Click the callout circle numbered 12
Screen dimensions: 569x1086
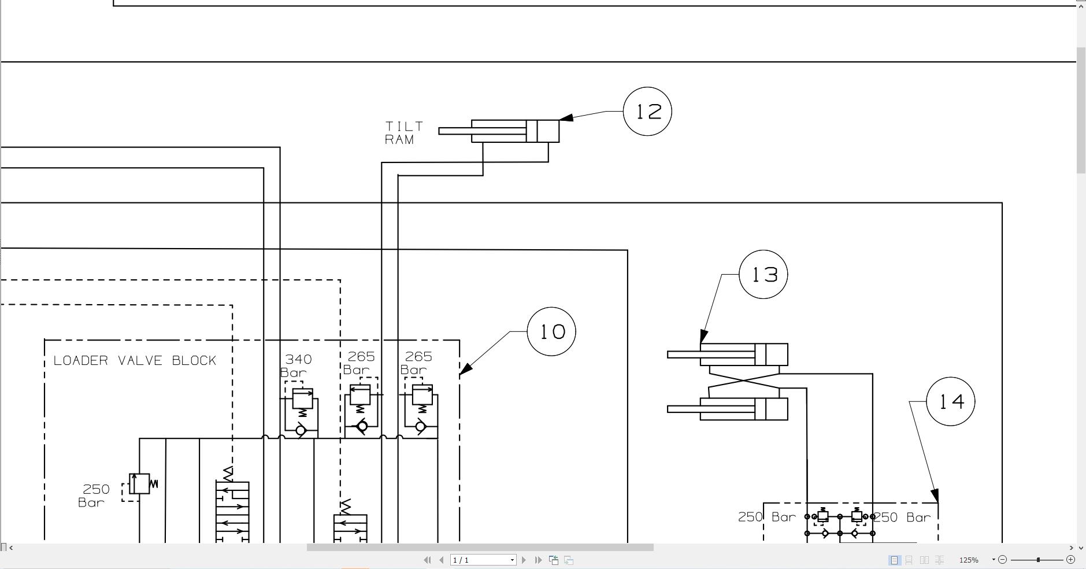(x=647, y=112)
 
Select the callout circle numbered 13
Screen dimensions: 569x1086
(x=763, y=275)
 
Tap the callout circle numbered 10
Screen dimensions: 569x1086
(x=551, y=331)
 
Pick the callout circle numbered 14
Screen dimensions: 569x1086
(x=950, y=401)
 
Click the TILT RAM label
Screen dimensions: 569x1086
(x=403, y=133)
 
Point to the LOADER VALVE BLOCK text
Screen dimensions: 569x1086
(x=135, y=361)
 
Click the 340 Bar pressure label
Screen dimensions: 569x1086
(x=296, y=366)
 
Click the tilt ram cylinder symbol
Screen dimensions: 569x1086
(x=514, y=131)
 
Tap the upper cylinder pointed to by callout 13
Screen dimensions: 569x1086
(x=743, y=354)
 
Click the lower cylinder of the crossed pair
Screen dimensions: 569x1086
(x=743, y=409)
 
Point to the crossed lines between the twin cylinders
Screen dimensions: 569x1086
(x=744, y=381)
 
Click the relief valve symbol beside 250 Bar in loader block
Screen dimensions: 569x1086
(x=140, y=484)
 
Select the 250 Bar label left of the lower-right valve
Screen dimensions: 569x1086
(x=766, y=517)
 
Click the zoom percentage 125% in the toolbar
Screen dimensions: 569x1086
(x=969, y=560)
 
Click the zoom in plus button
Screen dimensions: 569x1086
(x=1070, y=559)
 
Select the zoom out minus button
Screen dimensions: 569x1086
(x=1003, y=559)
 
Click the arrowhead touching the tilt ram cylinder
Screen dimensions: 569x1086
(x=566, y=118)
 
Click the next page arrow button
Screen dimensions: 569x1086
(x=524, y=560)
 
